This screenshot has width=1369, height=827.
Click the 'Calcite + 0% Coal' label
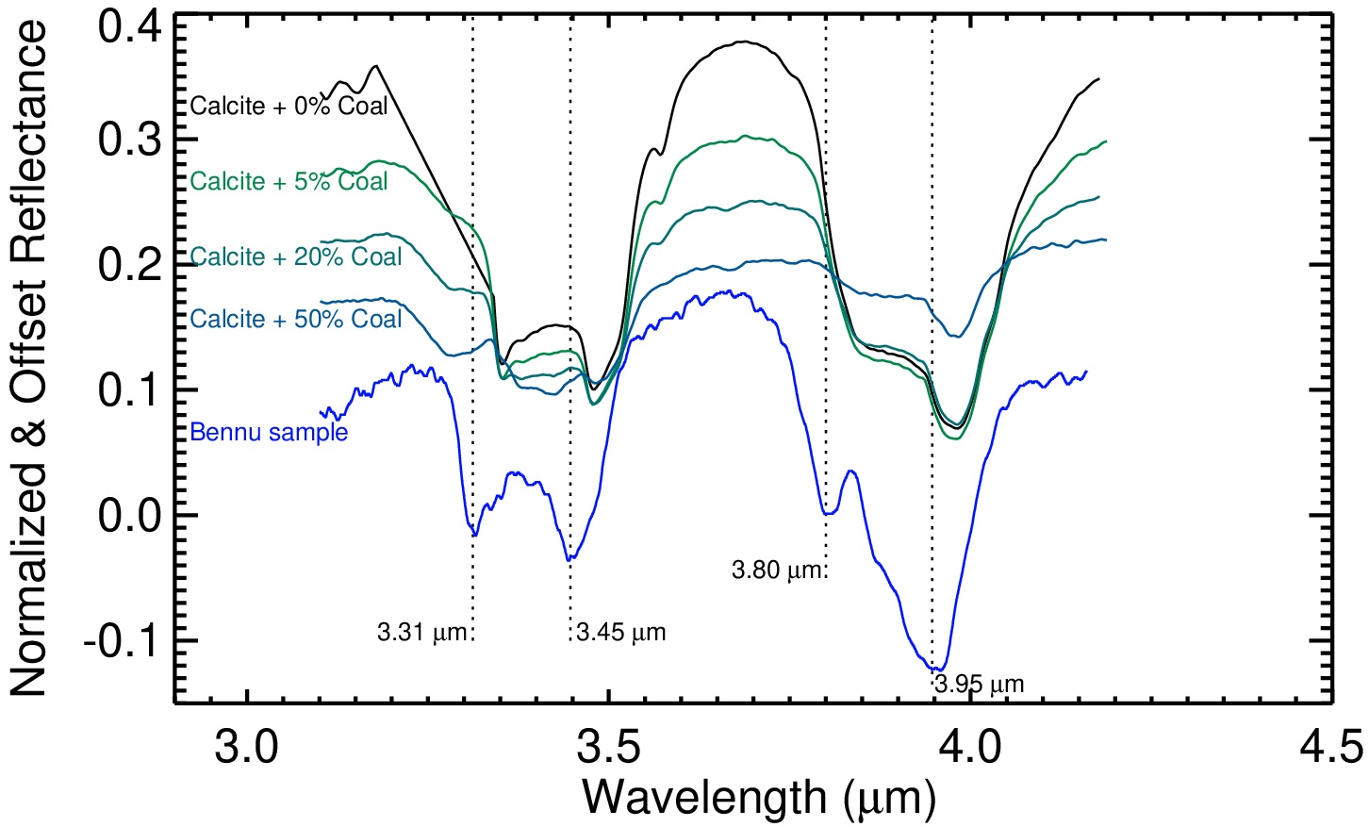click(289, 106)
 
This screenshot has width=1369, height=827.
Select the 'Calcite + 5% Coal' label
click(289, 181)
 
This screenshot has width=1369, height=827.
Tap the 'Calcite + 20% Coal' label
click(296, 256)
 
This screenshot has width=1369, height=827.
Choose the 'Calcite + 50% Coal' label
click(296, 319)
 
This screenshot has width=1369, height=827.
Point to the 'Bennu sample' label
click(269, 432)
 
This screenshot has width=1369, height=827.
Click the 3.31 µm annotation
click(422, 632)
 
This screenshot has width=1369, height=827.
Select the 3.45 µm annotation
click(621, 632)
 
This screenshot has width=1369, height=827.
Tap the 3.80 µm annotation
click(777, 570)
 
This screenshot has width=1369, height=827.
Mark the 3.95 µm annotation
click(980, 684)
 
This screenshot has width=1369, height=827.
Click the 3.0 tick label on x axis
click(247, 748)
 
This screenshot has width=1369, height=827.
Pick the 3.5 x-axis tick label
click(609, 748)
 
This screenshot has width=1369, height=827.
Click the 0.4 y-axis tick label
click(129, 26)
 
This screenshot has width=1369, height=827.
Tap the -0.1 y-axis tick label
click(120, 642)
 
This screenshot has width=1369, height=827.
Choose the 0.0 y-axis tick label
click(129, 516)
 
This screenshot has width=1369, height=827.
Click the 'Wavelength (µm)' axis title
click(759, 798)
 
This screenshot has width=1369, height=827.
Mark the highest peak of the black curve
click(744, 41)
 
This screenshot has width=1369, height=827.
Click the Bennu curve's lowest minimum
click(940, 670)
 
